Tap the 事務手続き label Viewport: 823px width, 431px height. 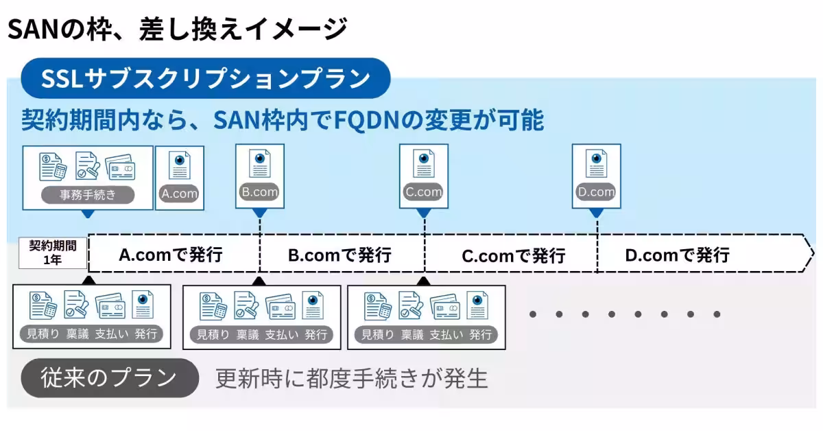tap(88, 194)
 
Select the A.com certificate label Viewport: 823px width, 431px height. tap(179, 194)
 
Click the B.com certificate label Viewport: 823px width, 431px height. tap(259, 192)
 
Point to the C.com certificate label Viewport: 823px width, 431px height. tap(423, 192)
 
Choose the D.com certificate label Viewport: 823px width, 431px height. tap(595, 192)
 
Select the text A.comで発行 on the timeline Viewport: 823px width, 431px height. tap(171, 255)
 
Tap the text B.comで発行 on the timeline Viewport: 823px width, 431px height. tap(339, 255)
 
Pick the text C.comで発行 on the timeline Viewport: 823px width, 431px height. tap(513, 256)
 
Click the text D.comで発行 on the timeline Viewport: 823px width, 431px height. tap(677, 255)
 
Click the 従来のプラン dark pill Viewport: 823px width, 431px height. tap(109, 378)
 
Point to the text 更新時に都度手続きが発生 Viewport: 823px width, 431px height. tap(351, 379)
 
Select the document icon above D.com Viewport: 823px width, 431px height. tap(596, 165)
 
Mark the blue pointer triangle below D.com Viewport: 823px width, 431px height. tap(597, 213)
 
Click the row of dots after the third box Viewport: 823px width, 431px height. tap(624, 314)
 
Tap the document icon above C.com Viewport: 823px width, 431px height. tap(423, 165)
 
